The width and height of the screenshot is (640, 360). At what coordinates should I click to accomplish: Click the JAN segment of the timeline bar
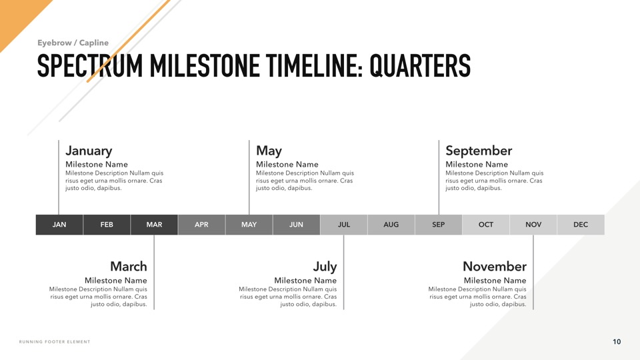pos(59,225)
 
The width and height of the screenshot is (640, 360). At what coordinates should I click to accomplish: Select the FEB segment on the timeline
pos(107,225)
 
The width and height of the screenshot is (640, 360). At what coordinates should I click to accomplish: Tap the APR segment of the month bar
pos(201,225)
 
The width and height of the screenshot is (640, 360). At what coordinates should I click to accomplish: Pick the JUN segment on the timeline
pos(296,225)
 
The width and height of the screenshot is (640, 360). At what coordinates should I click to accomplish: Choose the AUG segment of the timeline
pos(391,225)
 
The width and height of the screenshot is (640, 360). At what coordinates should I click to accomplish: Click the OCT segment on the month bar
pos(486,225)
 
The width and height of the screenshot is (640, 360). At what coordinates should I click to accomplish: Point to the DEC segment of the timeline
pos(581,225)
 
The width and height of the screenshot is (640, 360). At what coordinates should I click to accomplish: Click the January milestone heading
pos(89,151)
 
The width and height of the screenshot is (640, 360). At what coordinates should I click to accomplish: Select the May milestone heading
pos(269,151)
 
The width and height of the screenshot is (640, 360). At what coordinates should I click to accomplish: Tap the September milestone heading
pos(479,151)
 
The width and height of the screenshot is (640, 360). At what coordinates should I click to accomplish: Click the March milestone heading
pos(129,266)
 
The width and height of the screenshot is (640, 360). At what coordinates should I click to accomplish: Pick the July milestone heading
pos(325,267)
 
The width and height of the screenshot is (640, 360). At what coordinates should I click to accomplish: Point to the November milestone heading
pos(495,266)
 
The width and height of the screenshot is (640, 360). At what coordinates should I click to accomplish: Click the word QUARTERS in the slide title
pos(420,65)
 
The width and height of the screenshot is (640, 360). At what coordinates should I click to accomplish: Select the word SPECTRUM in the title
pos(90,65)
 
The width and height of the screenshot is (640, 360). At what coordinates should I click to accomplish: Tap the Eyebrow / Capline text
pos(73,43)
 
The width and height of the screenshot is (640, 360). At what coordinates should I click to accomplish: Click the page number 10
pos(617,341)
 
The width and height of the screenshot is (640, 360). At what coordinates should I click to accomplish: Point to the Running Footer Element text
pos(55,341)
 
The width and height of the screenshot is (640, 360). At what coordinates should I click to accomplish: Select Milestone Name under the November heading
pos(495,281)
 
